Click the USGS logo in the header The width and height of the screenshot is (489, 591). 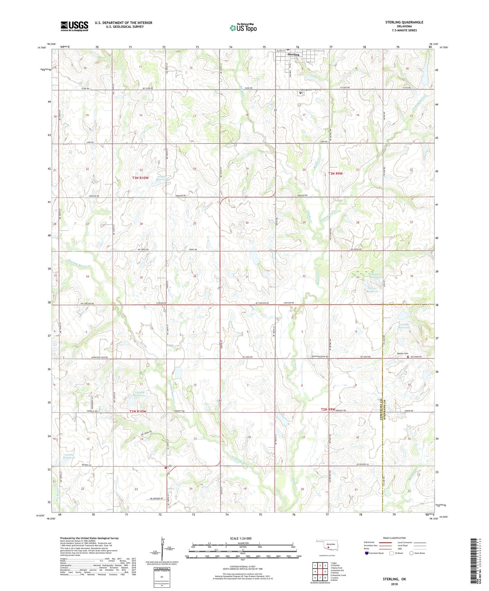(74, 26)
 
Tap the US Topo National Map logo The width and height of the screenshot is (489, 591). (243, 27)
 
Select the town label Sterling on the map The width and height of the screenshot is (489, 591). (293, 54)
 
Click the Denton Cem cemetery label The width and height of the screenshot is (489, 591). (402, 353)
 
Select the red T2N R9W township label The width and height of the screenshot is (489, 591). (328, 409)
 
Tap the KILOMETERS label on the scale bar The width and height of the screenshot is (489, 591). (243, 543)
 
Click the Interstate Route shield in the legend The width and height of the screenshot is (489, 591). (367, 553)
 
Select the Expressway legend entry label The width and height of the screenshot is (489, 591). (369, 542)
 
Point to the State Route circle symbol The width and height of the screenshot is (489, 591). (412, 553)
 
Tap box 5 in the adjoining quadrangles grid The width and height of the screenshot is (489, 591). (325, 571)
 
